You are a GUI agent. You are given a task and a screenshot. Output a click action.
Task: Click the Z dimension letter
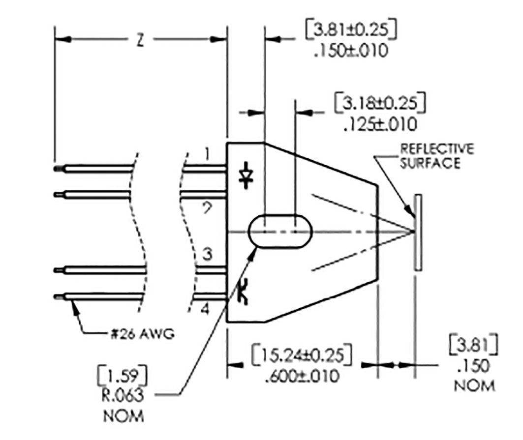click(x=140, y=41)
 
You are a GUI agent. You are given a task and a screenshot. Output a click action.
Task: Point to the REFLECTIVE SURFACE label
click(x=436, y=156)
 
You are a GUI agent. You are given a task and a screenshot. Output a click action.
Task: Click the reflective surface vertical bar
click(x=418, y=233)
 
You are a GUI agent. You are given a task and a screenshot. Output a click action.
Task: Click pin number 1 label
click(x=207, y=155)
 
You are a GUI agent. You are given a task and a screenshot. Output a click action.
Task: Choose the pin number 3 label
click(x=207, y=255)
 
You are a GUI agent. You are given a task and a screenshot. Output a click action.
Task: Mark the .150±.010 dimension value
click(x=350, y=51)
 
